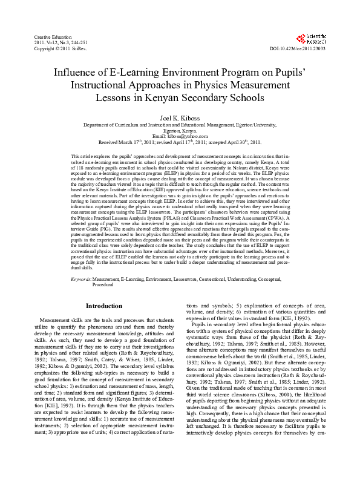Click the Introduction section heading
point(104,306)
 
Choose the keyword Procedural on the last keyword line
point(103,284)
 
